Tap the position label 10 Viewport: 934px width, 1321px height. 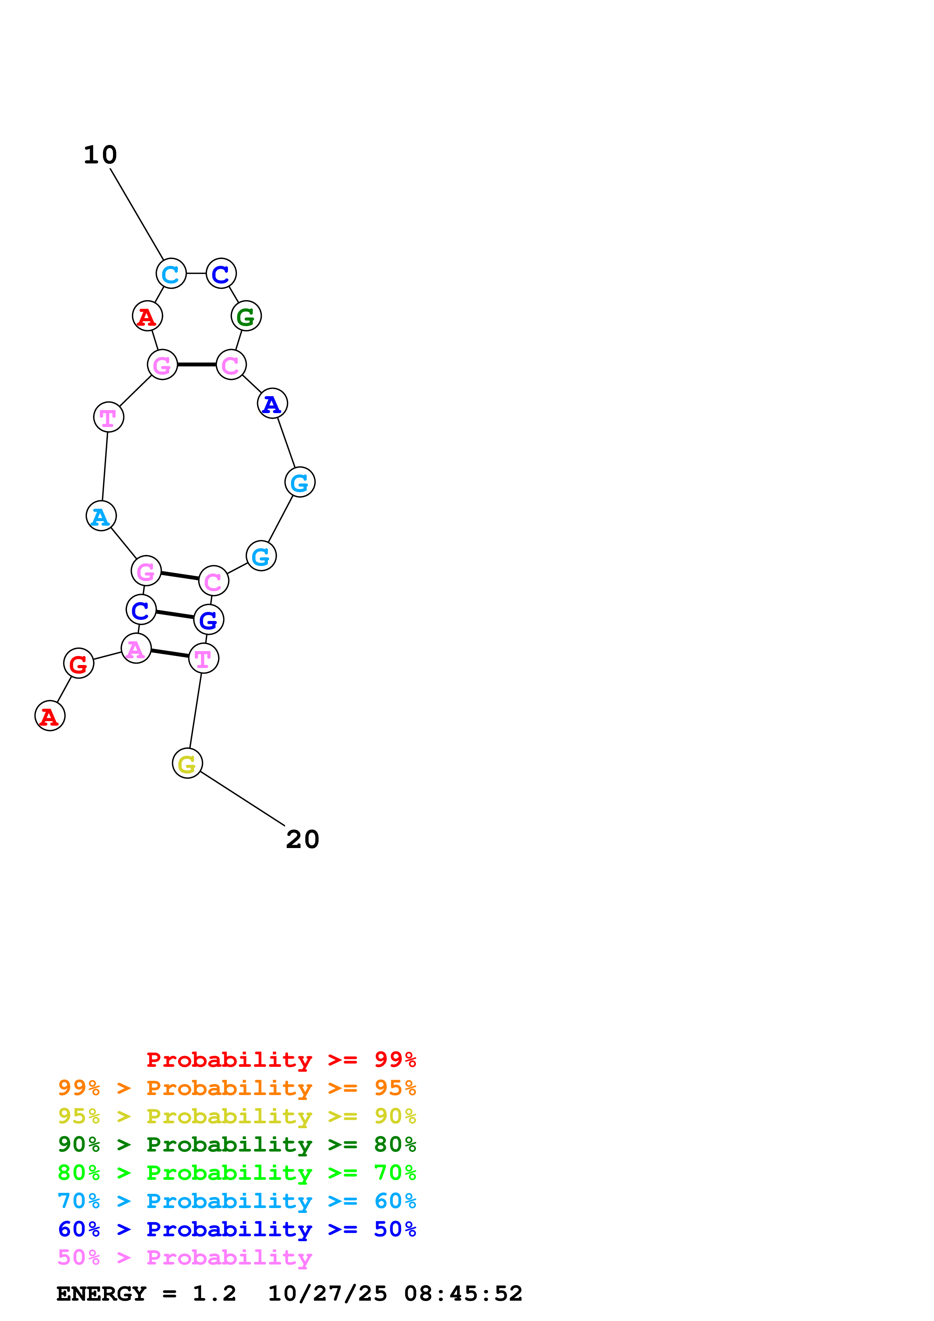tap(100, 155)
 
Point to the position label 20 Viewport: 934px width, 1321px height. tap(302, 839)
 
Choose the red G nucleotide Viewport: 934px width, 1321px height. tap(78, 664)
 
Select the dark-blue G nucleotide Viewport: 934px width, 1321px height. tap(208, 620)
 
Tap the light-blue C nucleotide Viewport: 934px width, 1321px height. tap(171, 273)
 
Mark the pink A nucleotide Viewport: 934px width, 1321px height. tap(136, 648)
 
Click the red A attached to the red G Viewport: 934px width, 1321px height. tap(50, 716)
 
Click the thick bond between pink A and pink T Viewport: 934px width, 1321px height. tap(170, 653)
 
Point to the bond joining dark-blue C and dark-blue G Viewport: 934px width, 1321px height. tap(174, 615)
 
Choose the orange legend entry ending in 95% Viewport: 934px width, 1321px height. tap(237, 1088)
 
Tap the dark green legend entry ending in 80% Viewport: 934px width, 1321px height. tap(237, 1144)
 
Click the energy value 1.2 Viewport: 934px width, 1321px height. tap(214, 1294)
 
